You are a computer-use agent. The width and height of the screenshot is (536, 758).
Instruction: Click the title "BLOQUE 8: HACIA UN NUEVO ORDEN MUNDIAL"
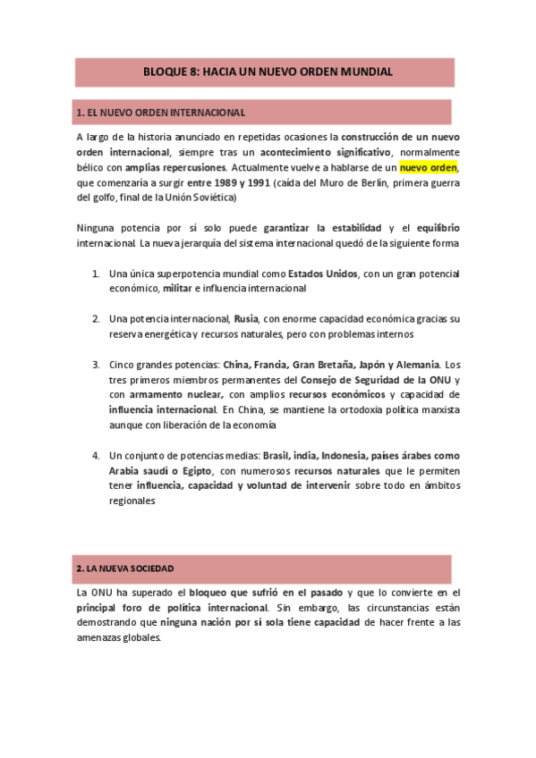[x=268, y=72]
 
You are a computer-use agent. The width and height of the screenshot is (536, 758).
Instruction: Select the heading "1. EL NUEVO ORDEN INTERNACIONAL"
[x=161, y=113]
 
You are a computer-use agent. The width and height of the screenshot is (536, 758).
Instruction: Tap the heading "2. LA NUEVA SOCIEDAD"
[x=125, y=568]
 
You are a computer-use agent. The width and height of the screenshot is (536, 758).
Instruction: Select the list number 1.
[x=95, y=274]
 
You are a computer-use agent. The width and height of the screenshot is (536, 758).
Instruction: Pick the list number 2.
[x=95, y=319]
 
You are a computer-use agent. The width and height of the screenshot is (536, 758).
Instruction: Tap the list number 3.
[x=95, y=365]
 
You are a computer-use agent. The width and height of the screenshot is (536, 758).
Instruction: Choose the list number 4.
[x=95, y=455]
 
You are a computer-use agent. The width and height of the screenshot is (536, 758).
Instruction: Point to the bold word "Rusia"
[x=246, y=319]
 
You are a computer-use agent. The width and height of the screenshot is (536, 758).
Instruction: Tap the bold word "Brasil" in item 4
[x=277, y=455]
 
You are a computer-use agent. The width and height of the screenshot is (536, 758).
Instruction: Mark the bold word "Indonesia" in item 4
[x=346, y=455]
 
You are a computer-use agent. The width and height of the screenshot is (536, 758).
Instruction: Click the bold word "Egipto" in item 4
[x=193, y=470]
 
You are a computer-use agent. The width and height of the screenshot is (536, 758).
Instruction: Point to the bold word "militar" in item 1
[x=178, y=289]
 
